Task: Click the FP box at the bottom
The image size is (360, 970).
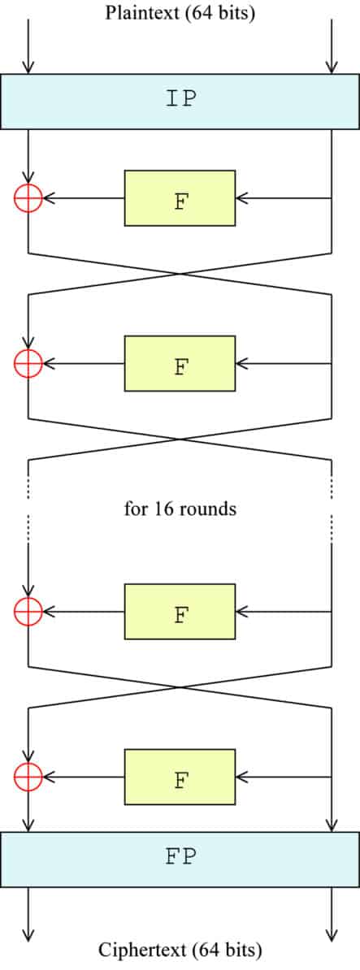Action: [x=180, y=859]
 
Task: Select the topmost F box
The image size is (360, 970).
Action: [x=180, y=198]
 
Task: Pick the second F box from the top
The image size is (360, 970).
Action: [x=180, y=363]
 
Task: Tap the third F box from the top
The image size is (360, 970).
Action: [x=180, y=611]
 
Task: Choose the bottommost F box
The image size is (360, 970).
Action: [x=180, y=777]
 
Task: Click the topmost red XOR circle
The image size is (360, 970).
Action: [x=28, y=198]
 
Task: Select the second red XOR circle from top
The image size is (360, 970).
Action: [x=28, y=363]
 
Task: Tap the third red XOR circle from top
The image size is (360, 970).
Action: [x=28, y=611]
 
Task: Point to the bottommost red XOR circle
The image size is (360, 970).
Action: [x=28, y=777]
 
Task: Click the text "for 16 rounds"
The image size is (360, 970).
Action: [x=180, y=509]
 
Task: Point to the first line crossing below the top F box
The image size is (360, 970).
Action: [x=180, y=274]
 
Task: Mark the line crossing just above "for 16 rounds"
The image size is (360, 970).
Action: [x=180, y=440]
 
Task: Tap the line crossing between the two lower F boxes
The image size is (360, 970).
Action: [x=180, y=687]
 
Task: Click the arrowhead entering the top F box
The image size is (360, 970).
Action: [x=242, y=198]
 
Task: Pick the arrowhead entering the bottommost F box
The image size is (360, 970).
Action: [x=242, y=777]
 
